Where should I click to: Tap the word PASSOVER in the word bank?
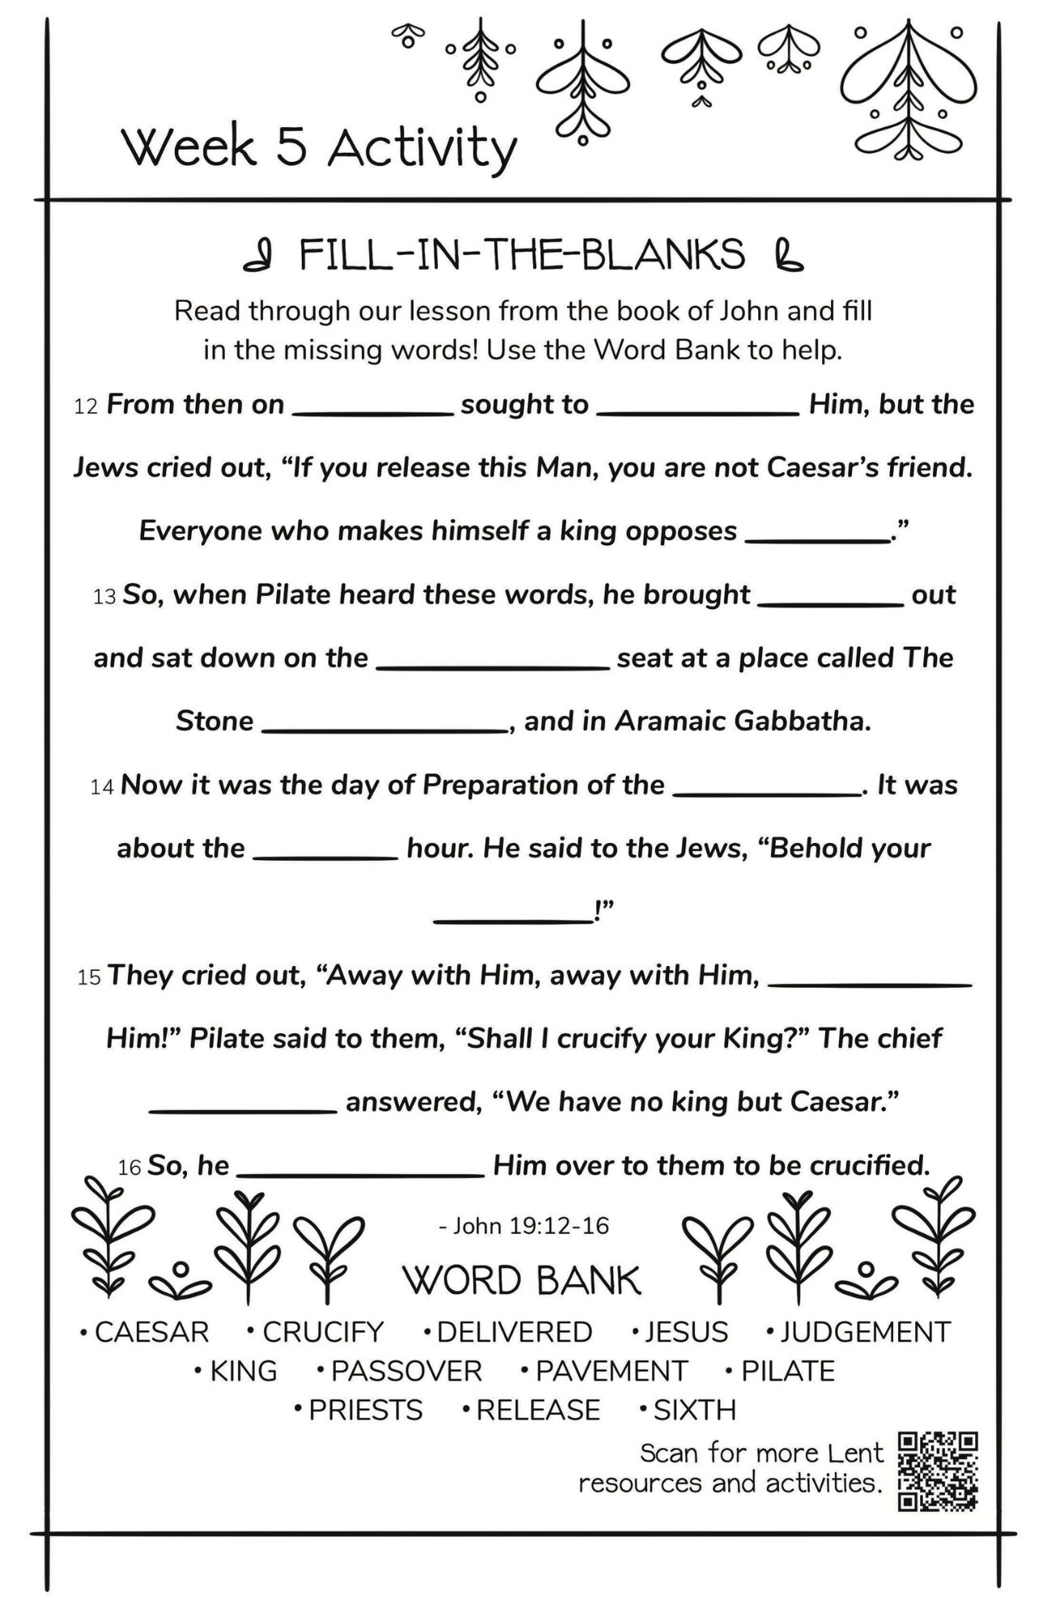click(406, 1370)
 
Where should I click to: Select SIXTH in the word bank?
click(694, 1409)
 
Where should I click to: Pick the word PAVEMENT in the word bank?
click(612, 1370)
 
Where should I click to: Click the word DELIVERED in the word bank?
click(515, 1332)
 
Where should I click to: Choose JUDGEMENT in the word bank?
click(865, 1332)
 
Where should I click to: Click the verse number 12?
click(85, 407)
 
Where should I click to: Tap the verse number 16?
click(129, 1167)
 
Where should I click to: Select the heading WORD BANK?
click(522, 1281)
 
